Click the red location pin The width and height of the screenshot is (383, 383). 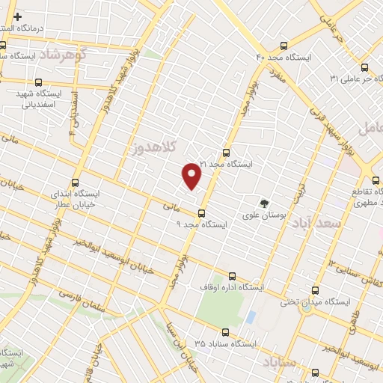point(192,175)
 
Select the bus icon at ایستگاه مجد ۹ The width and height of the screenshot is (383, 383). point(200,213)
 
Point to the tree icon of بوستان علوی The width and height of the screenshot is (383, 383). point(263,203)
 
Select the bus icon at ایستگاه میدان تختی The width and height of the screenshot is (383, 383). point(315,290)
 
